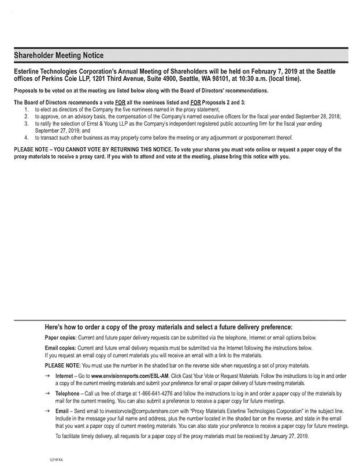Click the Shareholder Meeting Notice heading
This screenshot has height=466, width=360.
(59, 55)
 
